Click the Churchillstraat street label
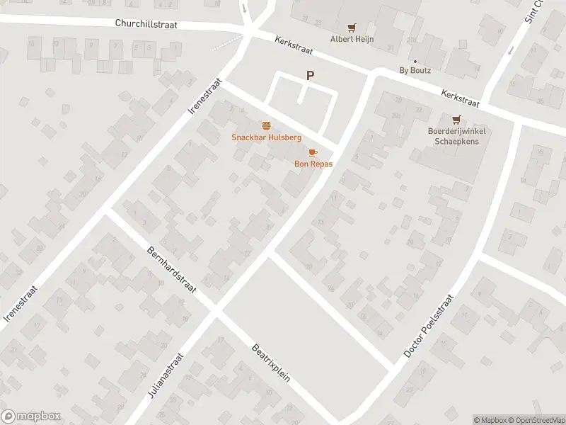click(146, 23)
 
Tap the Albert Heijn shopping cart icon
click(352, 28)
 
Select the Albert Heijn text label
click(352, 40)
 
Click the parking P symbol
click(309, 75)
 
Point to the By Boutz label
click(415, 70)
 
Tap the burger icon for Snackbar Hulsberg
click(267, 125)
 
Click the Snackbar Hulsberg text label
click(267, 137)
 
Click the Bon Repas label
click(313, 164)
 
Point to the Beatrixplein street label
click(272, 363)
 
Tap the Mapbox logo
click(31, 416)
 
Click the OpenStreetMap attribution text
click(535, 420)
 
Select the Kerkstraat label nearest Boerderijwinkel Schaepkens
click(460, 98)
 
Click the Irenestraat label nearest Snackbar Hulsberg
click(206, 96)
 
